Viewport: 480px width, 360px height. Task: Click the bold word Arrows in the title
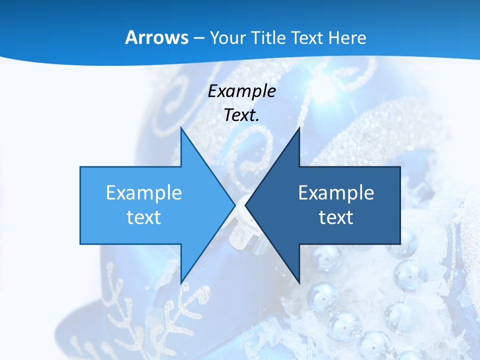tap(156, 37)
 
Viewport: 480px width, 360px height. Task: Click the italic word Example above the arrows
tap(242, 91)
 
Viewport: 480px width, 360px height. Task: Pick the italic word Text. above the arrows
tap(242, 115)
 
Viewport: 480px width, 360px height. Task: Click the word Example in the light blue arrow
tap(144, 192)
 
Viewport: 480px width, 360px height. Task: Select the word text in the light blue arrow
tap(144, 217)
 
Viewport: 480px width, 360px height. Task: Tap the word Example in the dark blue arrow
tap(336, 192)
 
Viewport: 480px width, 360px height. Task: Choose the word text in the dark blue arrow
tap(336, 217)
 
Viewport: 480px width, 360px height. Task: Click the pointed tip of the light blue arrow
tap(234, 205)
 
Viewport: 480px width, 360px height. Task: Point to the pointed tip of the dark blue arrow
tap(245, 205)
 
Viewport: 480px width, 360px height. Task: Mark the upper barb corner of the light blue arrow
tap(181, 128)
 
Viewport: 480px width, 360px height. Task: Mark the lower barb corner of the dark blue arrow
tap(299, 282)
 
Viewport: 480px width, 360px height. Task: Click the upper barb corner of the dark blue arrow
tap(299, 128)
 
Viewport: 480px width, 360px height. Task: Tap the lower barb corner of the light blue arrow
tap(181, 282)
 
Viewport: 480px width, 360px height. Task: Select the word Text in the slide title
tap(308, 37)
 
